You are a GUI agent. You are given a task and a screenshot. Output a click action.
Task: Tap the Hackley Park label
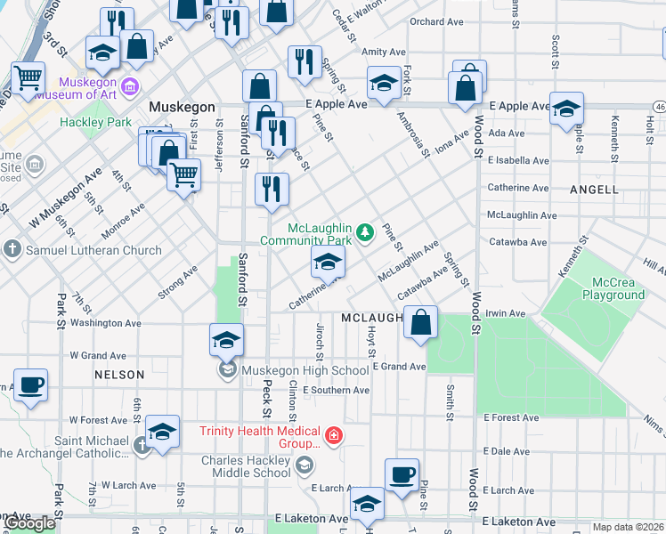coord(96,122)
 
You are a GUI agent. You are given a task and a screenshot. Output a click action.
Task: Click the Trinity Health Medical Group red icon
coord(334,435)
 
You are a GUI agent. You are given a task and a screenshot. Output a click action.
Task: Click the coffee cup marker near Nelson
coord(30,386)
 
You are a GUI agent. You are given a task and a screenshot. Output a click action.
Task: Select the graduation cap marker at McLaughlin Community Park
coord(328,263)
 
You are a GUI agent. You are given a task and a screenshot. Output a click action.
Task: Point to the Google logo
coord(30,524)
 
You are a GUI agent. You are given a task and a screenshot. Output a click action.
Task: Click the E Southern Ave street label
coord(336,390)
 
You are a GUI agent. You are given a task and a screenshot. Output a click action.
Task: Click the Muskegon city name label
coord(183,107)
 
